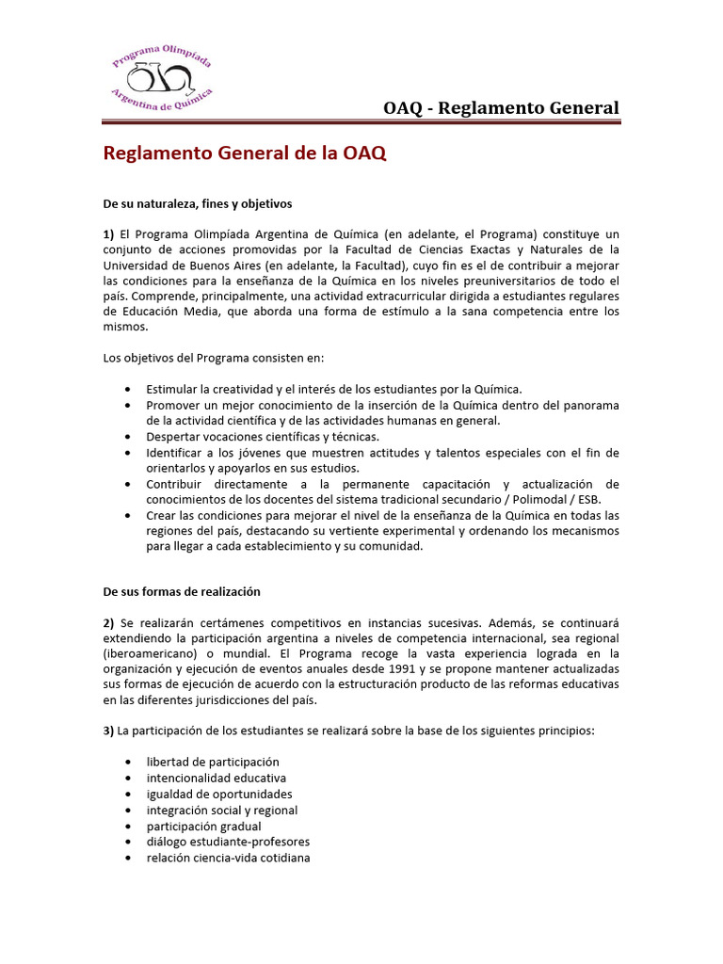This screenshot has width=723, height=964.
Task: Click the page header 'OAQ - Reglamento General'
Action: pos(501,107)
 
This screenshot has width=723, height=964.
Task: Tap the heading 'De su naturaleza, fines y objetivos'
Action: pos(198,202)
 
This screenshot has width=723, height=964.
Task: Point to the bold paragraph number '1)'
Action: pos(109,233)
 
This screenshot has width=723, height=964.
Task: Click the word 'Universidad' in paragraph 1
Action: pos(136,265)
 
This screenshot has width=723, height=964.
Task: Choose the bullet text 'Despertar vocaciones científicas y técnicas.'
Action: pos(263,437)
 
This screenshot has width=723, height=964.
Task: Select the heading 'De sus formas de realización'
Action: pos(182,591)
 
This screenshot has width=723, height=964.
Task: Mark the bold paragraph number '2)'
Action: pos(109,622)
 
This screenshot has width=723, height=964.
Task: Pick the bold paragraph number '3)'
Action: pos(109,731)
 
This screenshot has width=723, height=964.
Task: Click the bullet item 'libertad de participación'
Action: pos(213,762)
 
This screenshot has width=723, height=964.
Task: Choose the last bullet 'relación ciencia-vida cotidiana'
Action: pos(228,858)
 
